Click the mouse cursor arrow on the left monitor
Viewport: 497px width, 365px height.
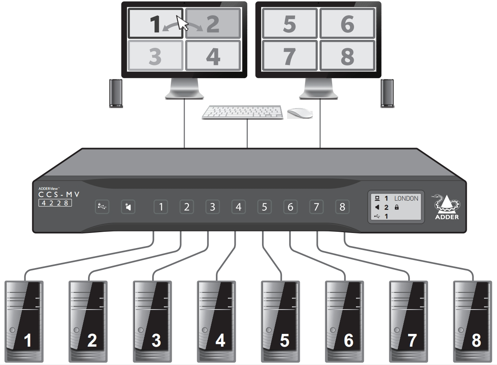pos(182,23)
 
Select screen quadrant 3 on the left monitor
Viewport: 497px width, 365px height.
pos(156,55)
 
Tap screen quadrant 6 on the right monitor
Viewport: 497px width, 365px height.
pos(347,24)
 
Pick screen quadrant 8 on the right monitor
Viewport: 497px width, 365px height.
pos(347,55)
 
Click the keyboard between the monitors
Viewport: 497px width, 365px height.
pos(243,112)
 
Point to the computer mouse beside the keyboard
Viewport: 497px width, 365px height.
pos(300,113)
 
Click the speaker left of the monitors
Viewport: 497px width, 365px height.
pos(116,93)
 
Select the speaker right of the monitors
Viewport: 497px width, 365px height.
pos(387,93)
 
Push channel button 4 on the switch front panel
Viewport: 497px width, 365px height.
pos(239,207)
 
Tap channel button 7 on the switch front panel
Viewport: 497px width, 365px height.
pos(316,207)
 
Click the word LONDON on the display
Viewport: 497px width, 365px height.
pos(406,198)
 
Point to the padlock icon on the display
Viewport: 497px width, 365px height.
pos(397,207)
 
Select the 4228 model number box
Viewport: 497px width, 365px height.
pos(55,203)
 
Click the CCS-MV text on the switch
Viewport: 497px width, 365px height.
pos(59,195)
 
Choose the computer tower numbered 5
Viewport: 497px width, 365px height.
pos(280,322)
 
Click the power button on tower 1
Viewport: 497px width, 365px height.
pos(12,330)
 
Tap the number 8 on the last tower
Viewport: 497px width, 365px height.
pos(476,340)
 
